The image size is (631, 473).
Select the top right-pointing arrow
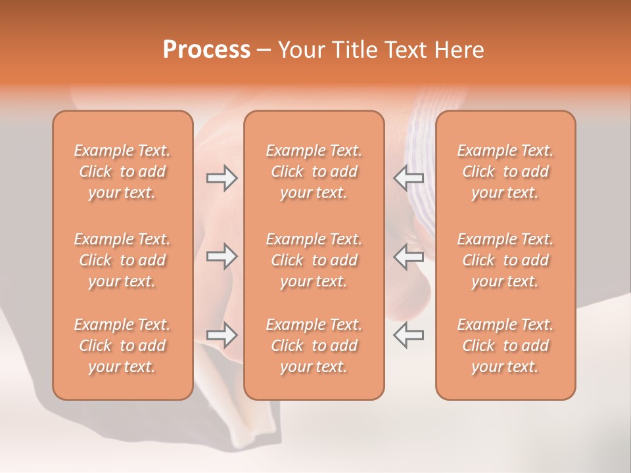pos(222,178)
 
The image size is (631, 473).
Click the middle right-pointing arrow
pos(222,256)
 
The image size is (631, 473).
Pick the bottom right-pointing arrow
pos(222,335)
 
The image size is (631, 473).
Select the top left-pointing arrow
pos(409,178)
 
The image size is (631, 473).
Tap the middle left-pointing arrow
pos(409,256)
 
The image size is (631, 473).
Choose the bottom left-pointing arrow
pos(409,335)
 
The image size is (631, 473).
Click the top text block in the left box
pos(122,171)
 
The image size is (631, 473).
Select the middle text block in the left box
pos(122,260)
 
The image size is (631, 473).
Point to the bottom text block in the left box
pos(122,346)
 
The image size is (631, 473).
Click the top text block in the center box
pos(314,171)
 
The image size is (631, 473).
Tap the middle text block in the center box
pos(314,260)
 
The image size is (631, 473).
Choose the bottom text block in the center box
pos(314,346)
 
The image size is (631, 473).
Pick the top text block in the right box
pos(505,171)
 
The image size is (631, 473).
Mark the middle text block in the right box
pos(505,260)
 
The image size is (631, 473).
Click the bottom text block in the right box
pos(505,346)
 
